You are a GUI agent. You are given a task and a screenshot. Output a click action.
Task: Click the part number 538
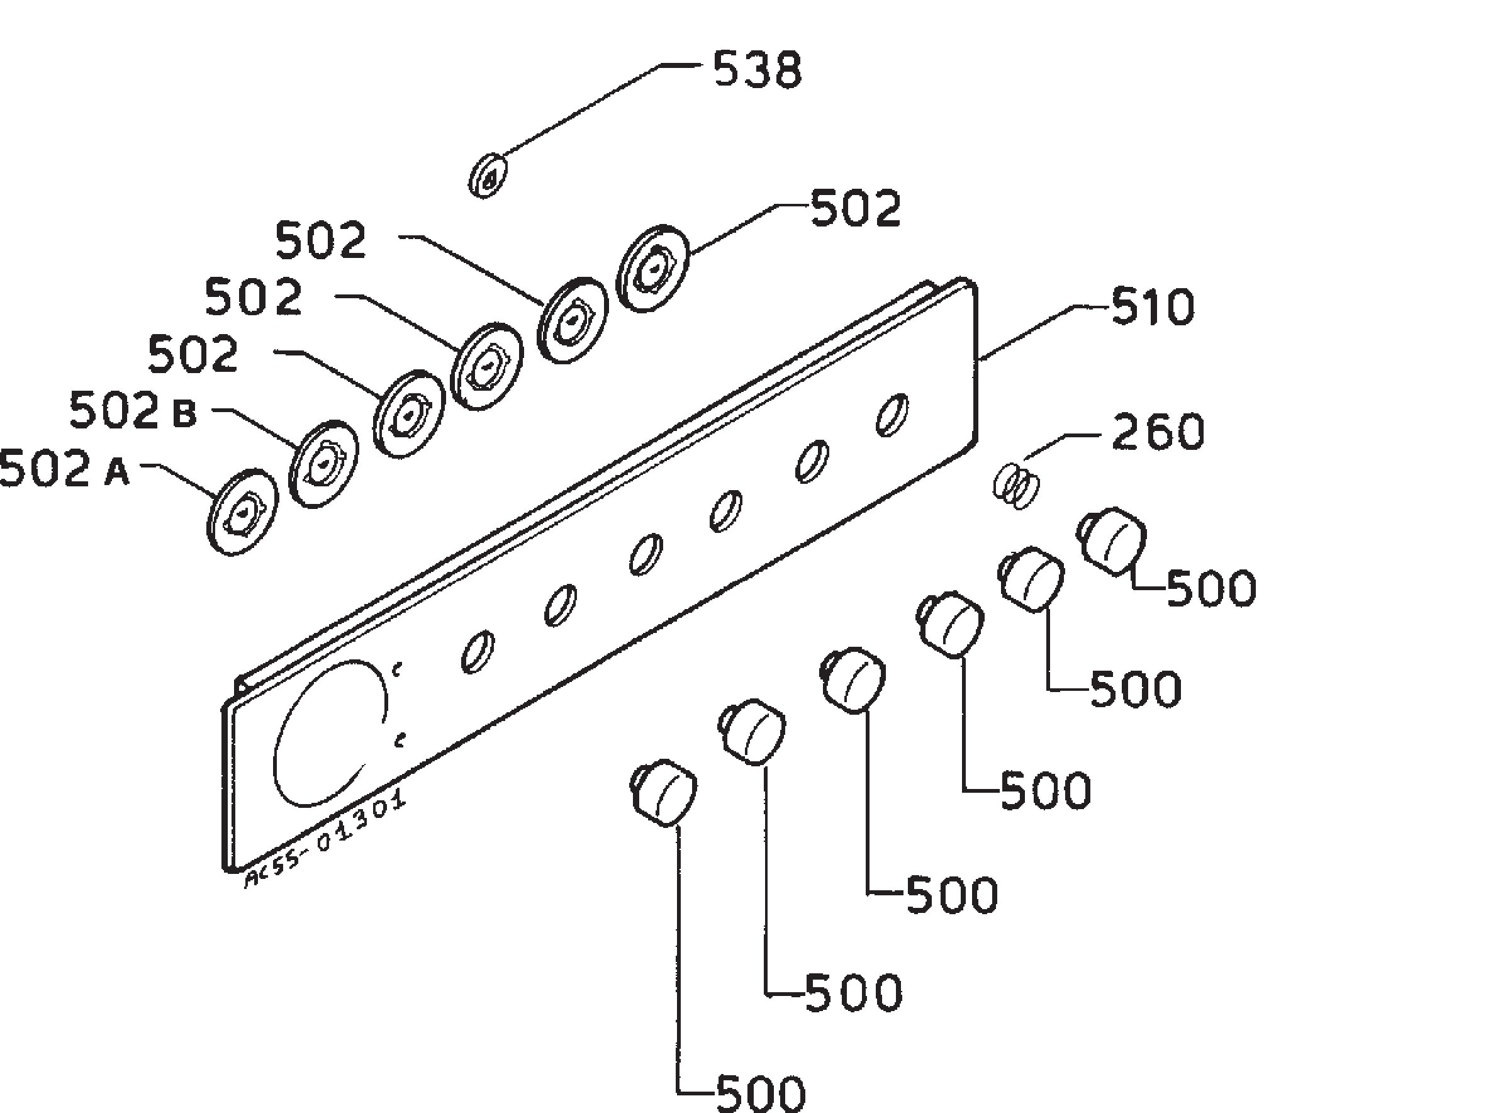[758, 70]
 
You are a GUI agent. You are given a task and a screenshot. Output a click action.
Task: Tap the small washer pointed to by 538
[487, 175]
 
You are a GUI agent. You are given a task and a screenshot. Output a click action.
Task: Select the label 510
[1152, 307]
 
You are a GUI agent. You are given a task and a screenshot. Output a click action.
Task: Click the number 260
[1158, 431]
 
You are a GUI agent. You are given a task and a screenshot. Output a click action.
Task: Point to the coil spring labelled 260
[1016, 486]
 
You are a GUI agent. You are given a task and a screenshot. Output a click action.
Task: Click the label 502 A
[64, 468]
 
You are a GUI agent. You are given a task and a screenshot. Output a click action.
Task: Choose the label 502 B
[133, 410]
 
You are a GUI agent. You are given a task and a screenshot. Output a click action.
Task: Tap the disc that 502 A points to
[241, 513]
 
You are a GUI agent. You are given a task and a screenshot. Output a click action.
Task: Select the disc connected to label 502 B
[323, 464]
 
